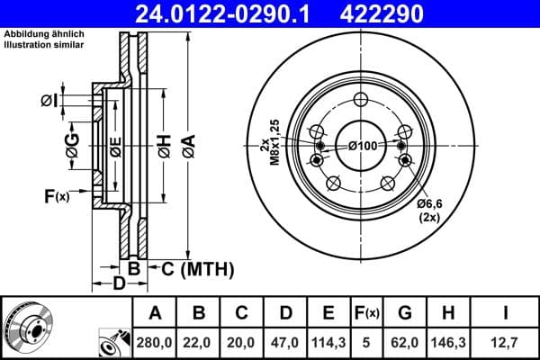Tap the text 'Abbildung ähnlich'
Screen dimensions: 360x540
coord(43,35)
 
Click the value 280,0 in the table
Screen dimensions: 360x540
coord(155,342)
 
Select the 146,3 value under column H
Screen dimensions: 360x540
coord(449,342)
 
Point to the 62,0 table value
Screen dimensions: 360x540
coord(405,342)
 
